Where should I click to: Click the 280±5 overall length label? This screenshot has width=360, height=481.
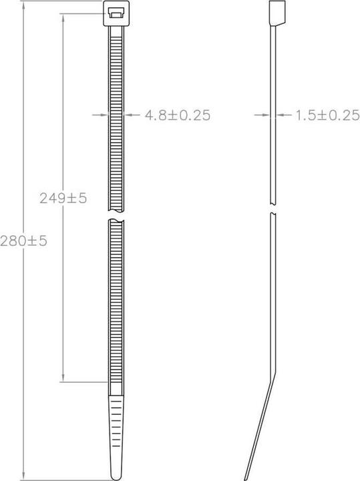tap(23, 241)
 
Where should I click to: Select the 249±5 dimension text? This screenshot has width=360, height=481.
tap(63, 198)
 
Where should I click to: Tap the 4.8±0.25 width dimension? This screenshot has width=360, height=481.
tap(178, 115)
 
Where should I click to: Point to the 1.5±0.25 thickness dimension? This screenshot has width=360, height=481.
tap(327, 115)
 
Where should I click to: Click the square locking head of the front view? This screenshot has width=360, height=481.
tap(116, 13)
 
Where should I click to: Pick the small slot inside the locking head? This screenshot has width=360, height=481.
tap(116, 14)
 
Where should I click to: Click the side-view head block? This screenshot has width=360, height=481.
tap(277, 13)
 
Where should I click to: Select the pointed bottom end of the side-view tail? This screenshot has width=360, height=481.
tap(246, 479)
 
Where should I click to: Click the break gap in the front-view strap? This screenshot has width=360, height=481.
tap(116, 215)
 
